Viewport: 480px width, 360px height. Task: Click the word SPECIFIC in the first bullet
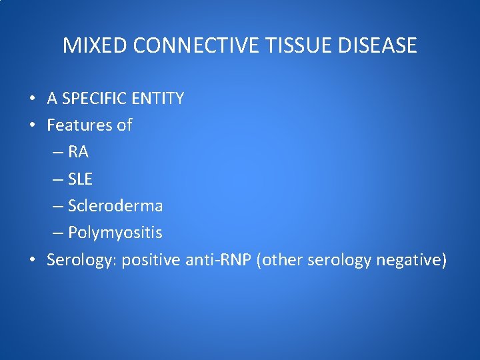(94, 99)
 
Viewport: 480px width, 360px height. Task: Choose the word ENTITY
(157, 99)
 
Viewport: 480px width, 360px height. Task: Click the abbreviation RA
(79, 153)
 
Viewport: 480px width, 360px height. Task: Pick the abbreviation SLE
(81, 179)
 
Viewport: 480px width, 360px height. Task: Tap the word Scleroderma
(116, 206)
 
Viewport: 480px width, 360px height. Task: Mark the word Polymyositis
(115, 233)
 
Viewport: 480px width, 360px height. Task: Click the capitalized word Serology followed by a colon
(79, 260)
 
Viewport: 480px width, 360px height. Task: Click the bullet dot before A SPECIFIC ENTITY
(33, 99)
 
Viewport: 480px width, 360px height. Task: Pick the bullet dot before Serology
(33, 261)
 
